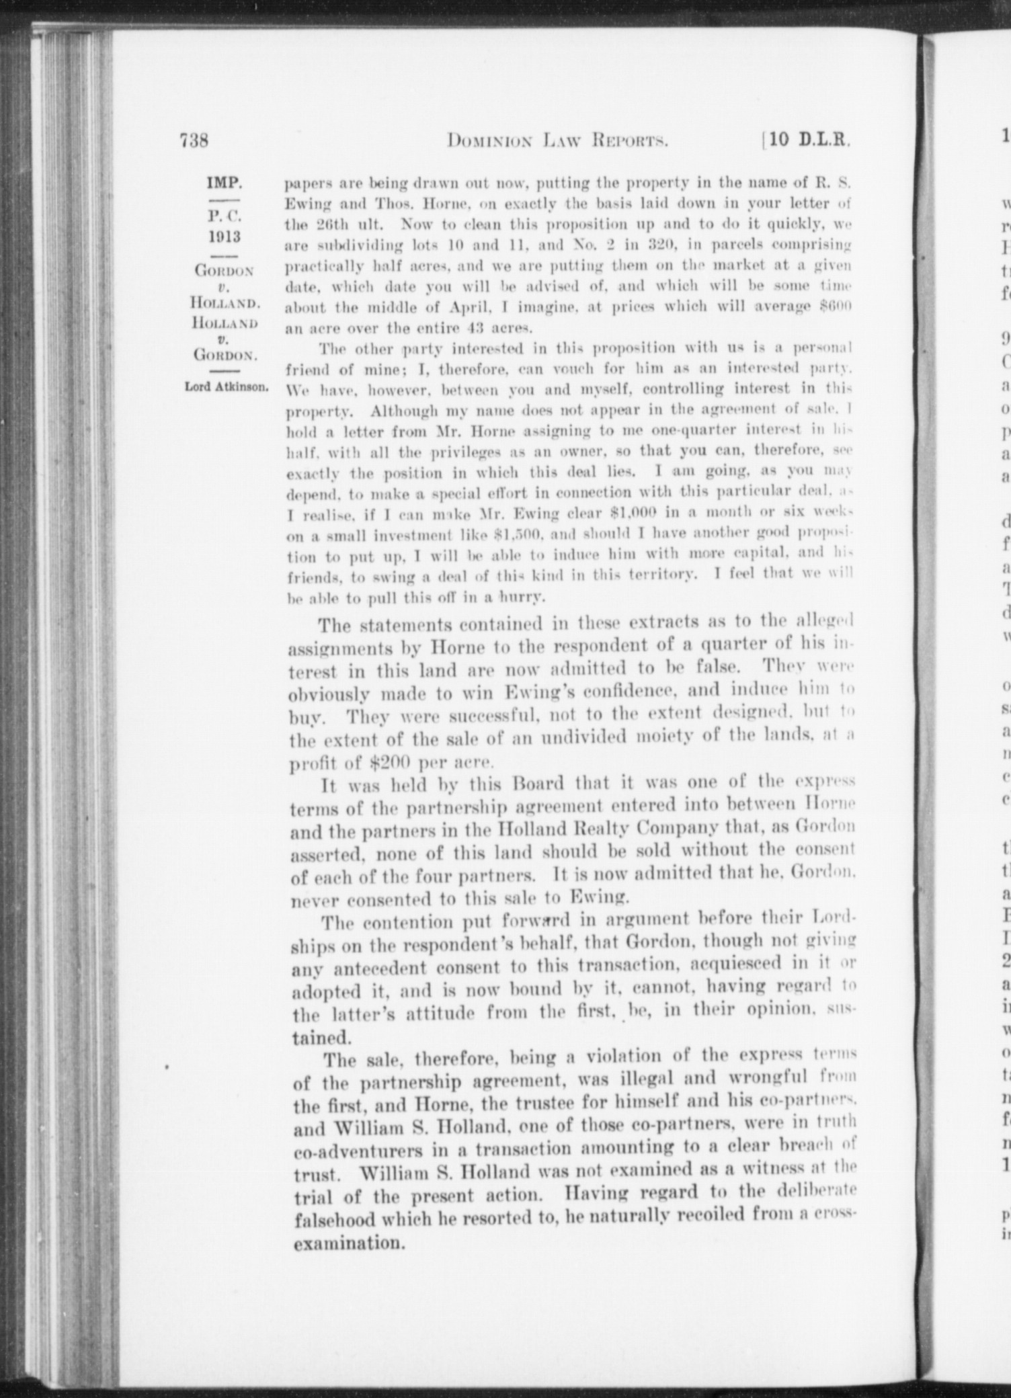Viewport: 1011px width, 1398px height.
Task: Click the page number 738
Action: click(194, 141)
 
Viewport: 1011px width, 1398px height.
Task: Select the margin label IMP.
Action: click(225, 182)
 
